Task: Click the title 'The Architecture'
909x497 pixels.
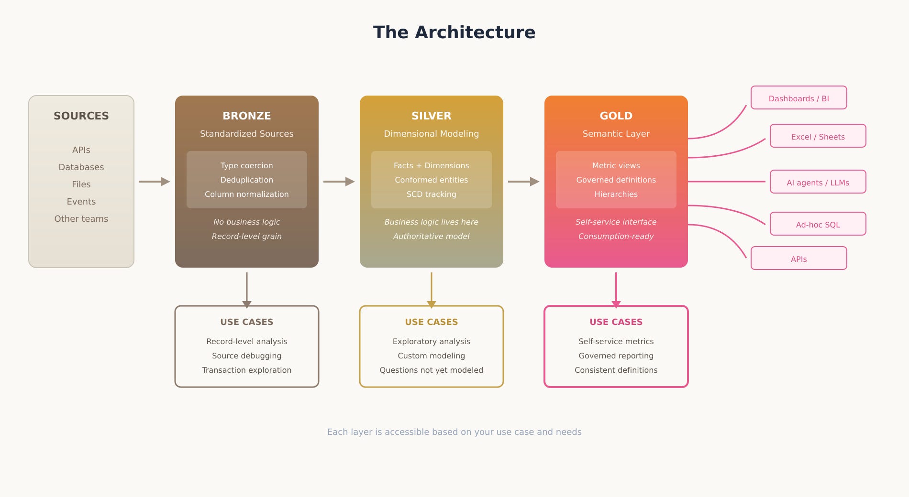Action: pos(454,32)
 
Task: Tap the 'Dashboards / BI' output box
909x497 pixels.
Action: pos(798,98)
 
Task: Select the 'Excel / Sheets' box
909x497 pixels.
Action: pos(818,136)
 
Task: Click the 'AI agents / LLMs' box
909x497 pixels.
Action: pos(818,182)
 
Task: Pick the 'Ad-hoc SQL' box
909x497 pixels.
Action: pos(818,224)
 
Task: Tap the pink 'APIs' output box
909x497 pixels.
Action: pos(798,259)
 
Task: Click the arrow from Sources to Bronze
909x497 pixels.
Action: pos(154,182)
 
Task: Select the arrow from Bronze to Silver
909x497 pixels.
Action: pos(339,182)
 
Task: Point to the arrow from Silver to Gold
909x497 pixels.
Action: pos(523,182)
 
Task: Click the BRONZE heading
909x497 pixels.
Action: pos(247,116)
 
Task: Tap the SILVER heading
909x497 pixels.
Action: pos(432,116)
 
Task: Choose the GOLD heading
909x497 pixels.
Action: pos(616,116)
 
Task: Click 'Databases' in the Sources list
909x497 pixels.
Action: pos(81,167)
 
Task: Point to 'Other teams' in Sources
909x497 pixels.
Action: pos(81,219)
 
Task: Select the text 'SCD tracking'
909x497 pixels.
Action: pos(432,194)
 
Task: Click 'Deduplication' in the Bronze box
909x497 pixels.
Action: pos(247,180)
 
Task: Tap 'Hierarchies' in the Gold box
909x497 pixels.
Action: pos(616,194)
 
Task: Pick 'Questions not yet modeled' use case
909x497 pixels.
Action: pos(432,370)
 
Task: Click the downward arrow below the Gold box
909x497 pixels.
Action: pos(616,289)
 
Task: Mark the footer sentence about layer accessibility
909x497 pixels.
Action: pos(454,432)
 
